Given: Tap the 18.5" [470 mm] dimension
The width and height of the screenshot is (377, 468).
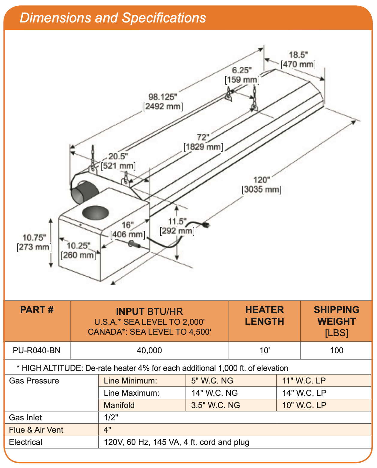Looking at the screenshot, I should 298,60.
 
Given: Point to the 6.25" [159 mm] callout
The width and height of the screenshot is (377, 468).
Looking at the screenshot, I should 242,75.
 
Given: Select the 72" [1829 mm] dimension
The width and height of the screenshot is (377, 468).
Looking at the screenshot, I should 203,142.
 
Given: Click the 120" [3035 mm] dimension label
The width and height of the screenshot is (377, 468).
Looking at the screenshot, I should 262,185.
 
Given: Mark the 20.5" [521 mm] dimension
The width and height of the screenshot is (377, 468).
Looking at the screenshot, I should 118,161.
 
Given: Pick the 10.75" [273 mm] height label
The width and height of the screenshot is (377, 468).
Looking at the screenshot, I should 34,242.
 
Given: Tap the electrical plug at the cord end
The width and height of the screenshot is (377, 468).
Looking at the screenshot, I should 206,224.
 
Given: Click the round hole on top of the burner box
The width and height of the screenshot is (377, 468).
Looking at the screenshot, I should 95,212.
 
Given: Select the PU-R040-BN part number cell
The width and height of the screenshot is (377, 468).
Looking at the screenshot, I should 37,350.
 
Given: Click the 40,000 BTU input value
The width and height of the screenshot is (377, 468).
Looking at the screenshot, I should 149,350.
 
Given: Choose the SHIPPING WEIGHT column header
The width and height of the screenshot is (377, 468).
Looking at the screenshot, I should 336,321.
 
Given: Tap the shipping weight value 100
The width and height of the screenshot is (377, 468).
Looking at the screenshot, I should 336,350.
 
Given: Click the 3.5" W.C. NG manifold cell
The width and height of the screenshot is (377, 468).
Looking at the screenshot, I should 215,405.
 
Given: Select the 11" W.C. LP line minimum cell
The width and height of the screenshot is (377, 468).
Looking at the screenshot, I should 304,381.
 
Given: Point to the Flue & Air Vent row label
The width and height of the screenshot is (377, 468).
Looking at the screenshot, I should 36,430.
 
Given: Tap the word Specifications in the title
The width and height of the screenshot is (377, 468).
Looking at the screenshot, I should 164,18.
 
